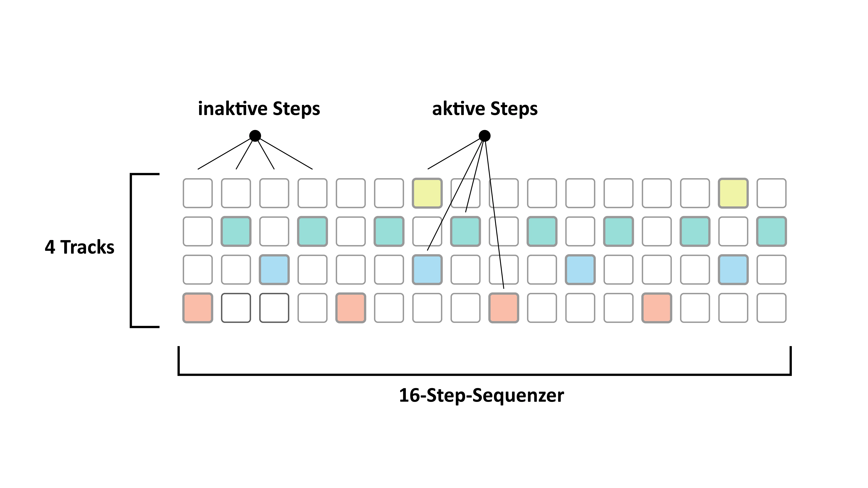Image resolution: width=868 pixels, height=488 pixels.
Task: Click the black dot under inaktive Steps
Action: point(255,136)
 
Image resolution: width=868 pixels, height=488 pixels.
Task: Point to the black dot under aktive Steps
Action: point(485,136)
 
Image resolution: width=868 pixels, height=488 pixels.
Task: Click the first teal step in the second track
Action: point(236,231)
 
